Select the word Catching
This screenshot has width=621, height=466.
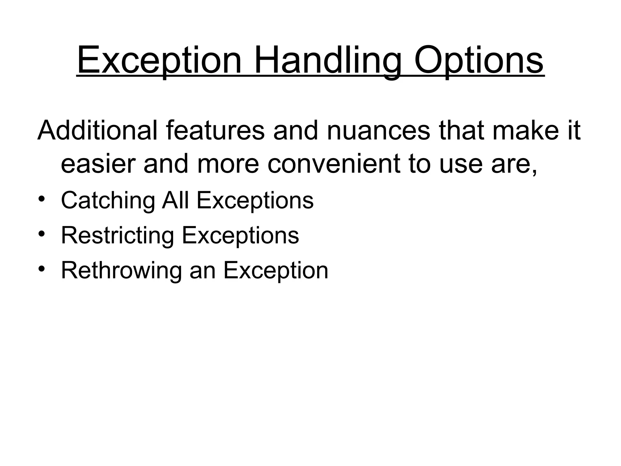tap(108, 201)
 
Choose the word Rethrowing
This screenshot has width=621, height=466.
tap(121, 271)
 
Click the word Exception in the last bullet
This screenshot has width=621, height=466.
tap(276, 271)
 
